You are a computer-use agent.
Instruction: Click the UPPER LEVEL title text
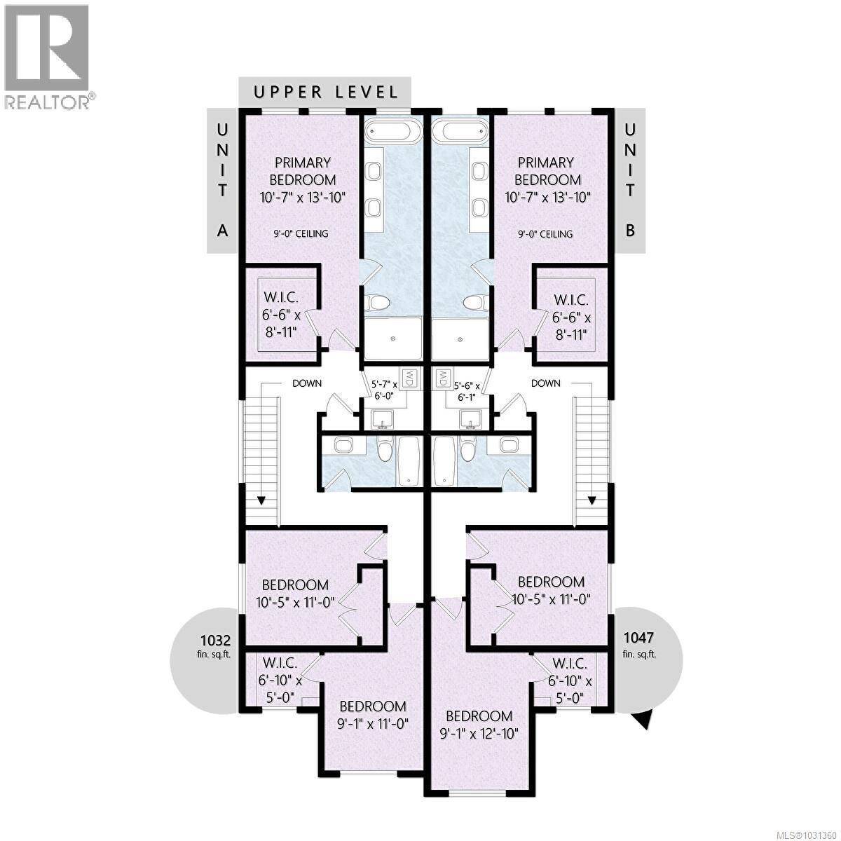pos(326,92)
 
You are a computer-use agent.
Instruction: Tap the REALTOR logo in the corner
pos(47,56)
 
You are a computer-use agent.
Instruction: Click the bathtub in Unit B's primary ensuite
pos(459,132)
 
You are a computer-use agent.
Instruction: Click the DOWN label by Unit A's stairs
pos(307,383)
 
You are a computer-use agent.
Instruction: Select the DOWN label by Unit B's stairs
pos(545,383)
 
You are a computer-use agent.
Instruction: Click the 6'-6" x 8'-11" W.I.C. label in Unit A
pos(279,316)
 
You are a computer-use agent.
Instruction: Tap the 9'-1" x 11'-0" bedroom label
pos(372,714)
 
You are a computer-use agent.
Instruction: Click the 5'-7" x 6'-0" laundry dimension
pos(385,390)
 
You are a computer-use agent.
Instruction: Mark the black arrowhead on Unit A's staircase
pos(261,500)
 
